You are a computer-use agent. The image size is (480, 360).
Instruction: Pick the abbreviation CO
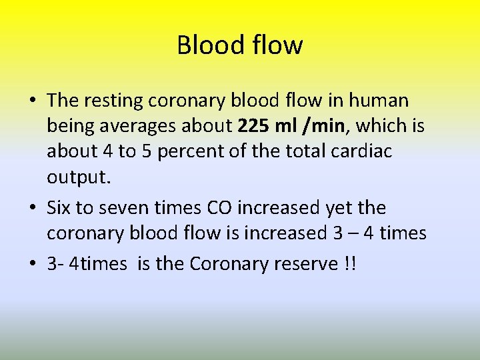(221, 207)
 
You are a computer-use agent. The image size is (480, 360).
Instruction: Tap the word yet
(339, 207)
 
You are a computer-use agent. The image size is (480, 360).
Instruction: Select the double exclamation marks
(349, 264)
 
